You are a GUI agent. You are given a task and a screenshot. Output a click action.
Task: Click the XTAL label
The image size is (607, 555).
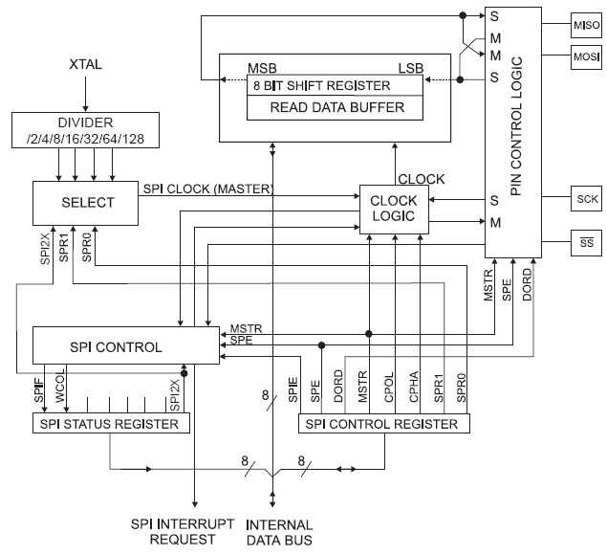click(85, 64)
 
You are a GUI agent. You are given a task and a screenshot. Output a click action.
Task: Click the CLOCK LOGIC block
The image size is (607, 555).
click(394, 208)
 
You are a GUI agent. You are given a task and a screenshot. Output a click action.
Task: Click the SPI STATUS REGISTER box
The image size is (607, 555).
click(113, 423)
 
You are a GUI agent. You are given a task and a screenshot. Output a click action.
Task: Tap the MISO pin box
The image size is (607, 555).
click(584, 24)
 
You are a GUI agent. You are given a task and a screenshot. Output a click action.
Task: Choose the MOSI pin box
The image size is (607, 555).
click(584, 56)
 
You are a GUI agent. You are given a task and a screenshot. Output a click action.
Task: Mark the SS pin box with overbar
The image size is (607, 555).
click(584, 243)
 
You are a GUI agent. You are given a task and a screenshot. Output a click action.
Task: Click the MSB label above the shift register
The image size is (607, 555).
click(263, 69)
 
